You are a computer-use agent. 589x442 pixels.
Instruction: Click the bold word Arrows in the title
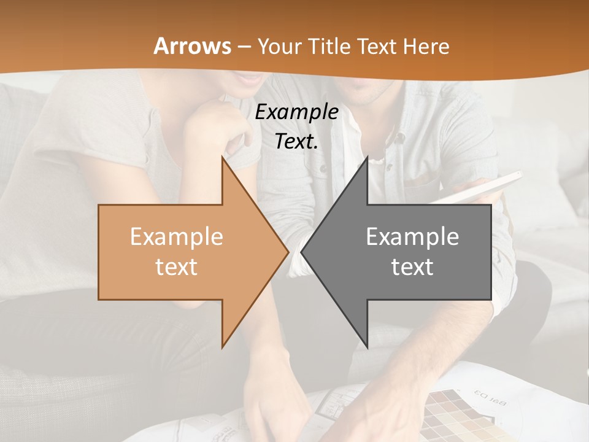pyautogui.click(x=193, y=46)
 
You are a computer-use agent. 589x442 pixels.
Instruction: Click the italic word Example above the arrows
pyautogui.click(x=296, y=112)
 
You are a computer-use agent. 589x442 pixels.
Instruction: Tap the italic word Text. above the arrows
pyautogui.click(x=296, y=142)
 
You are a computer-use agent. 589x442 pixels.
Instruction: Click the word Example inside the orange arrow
pyautogui.click(x=176, y=237)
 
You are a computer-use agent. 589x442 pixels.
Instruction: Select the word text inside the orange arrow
pyautogui.click(x=176, y=267)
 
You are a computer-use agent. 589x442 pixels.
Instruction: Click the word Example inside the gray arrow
pyautogui.click(x=412, y=237)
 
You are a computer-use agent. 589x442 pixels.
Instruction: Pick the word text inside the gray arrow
pyautogui.click(x=412, y=267)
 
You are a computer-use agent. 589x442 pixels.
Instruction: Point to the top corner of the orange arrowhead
pyautogui.click(x=223, y=158)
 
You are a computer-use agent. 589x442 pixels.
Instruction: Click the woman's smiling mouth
pyautogui.click(x=250, y=78)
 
